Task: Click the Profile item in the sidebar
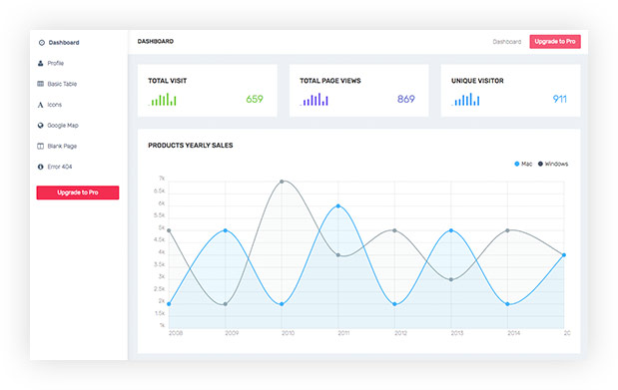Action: click(x=55, y=63)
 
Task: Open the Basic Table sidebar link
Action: click(x=61, y=84)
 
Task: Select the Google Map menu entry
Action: click(x=62, y=126)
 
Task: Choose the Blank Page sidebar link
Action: click(x=61, y=146)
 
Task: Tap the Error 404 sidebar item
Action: click(x=60, y=167)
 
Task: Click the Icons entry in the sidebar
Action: click(x=55, y=105)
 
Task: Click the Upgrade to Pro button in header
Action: click(x=555, y=42)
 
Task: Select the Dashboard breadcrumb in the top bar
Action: click(x=506, y=42)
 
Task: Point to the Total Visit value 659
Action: click(x=255, y=99)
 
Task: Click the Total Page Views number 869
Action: click(x=405, y=99)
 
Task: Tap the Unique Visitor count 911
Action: click(x=559, y=99)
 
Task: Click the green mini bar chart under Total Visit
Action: click(x=164, y=100)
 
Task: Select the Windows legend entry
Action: click(x=553, y=164)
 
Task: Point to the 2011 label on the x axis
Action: click(x=343, y=333)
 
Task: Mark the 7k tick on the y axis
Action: click(x=161, y=180)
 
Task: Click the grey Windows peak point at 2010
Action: click(x=283, y=182)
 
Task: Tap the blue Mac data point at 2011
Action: click(x=339, y=206)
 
